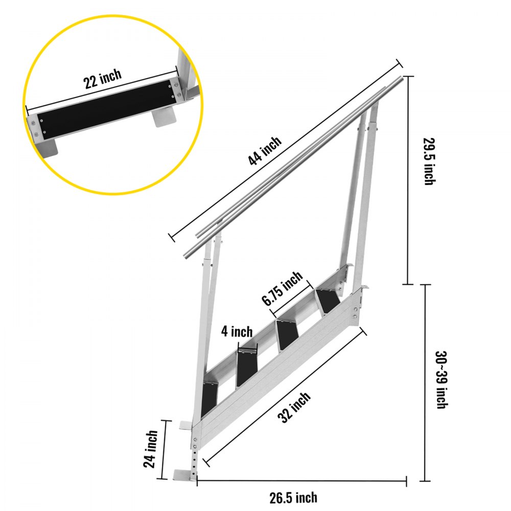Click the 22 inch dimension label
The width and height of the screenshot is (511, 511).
tap(103, 79)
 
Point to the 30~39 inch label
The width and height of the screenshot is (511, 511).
tap(440, 379)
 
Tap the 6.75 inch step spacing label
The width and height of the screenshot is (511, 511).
tap(283, 289)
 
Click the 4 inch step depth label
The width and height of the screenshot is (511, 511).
tap(237, 332)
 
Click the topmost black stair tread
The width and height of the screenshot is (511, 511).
tap(327, 301)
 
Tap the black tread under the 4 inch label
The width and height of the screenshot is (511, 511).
tap(246, 367)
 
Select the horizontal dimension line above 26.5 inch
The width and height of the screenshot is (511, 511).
tap(301, 480)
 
